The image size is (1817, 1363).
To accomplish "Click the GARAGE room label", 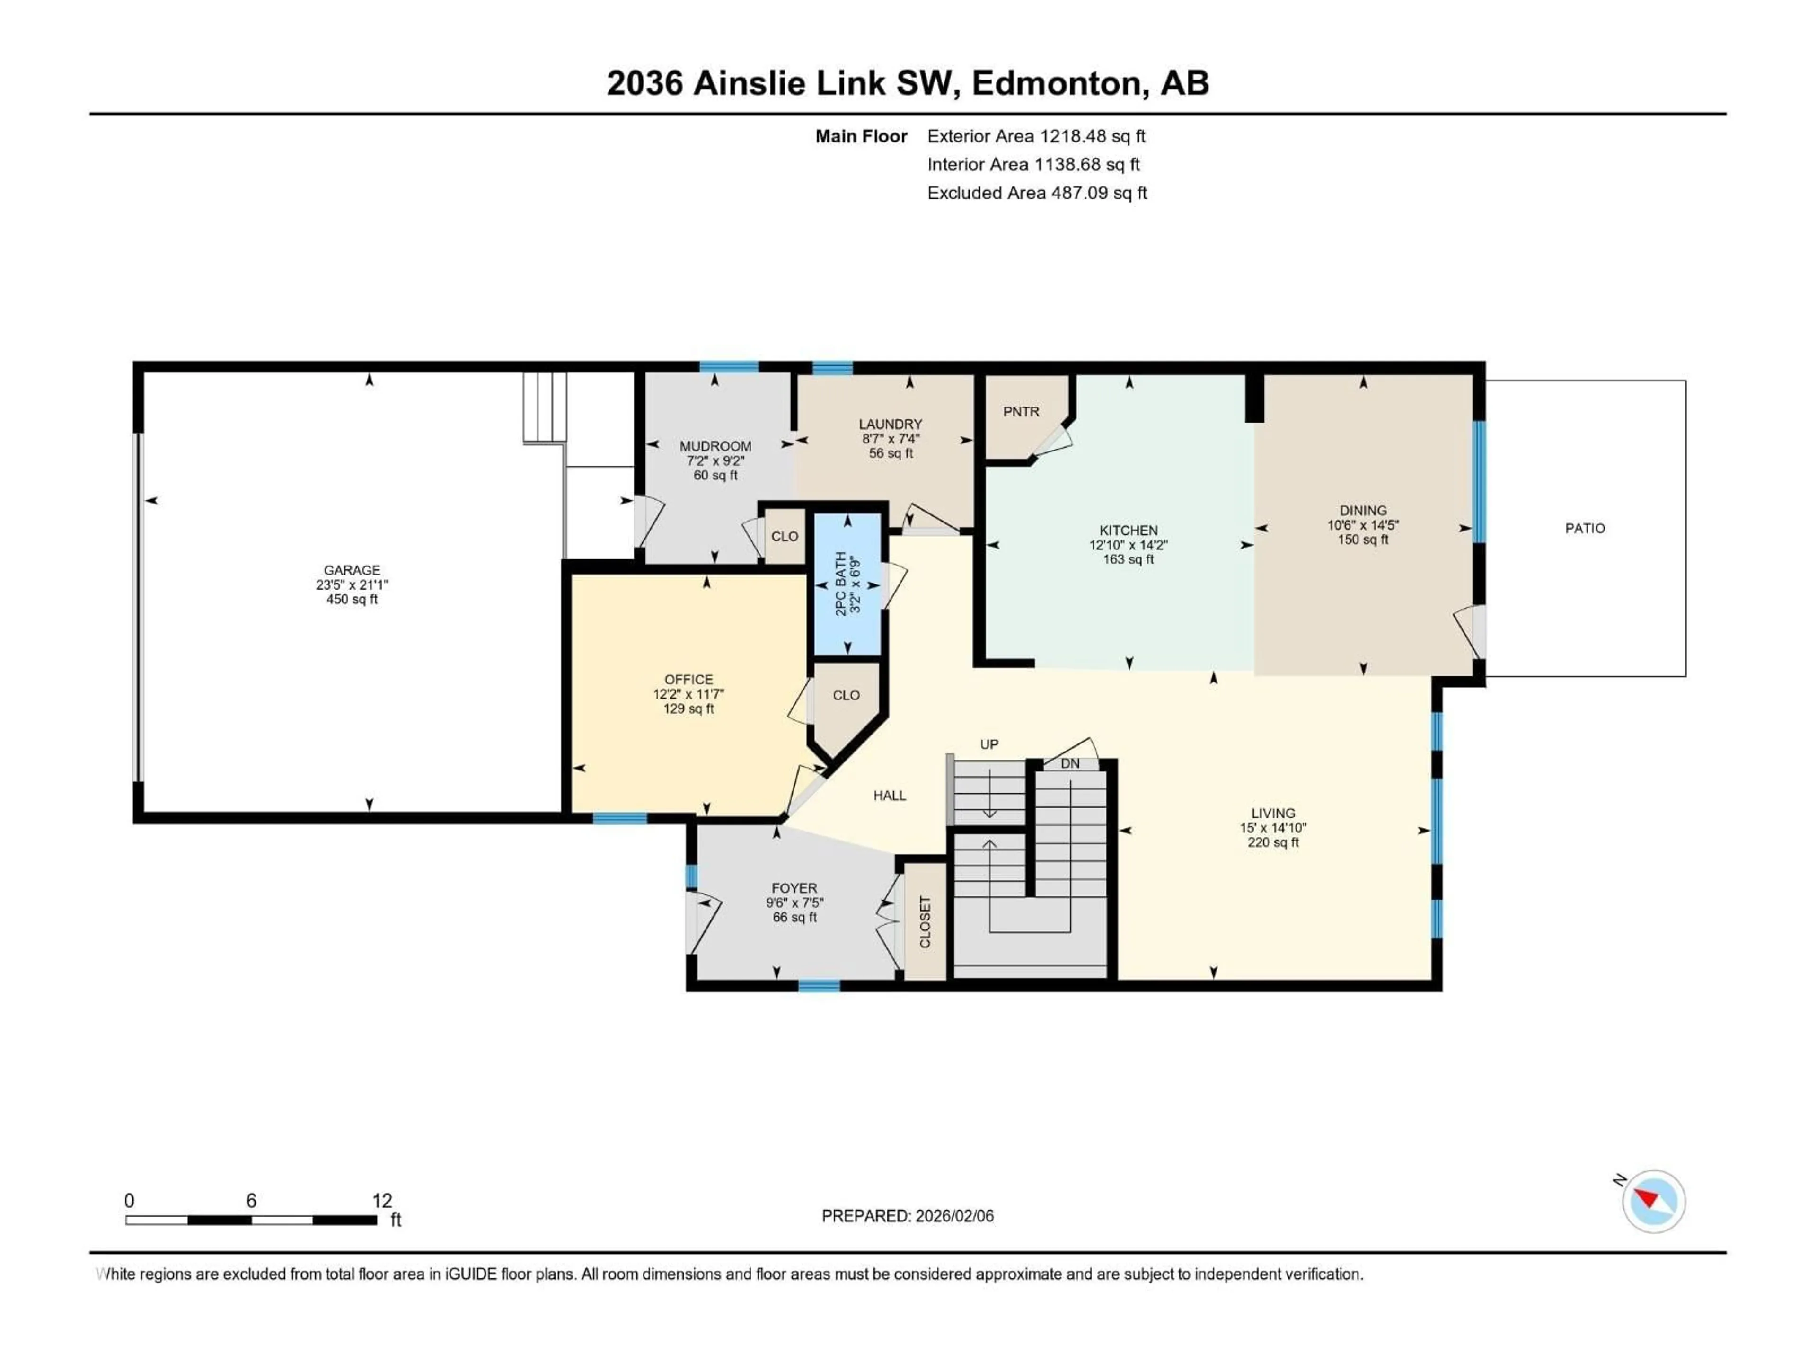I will click(x=352, y=569).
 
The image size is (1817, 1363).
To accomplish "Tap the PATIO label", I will click(x=1585, y=528).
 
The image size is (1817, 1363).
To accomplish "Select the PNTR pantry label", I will click(x=1021, y=412).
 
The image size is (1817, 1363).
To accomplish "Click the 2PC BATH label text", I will click(x=840, y=584).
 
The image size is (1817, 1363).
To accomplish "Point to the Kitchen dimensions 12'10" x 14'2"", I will click(x=1128, y=545).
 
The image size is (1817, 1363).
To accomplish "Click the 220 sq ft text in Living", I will click(x=1272, y=842).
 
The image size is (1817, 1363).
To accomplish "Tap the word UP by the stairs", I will click(x=989, y=744).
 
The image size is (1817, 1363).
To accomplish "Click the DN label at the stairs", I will click(x=1069, y=763).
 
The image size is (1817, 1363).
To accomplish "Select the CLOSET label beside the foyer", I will click(x=925, y=922).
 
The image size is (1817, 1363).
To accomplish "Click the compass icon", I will click(x=1654, y=1201).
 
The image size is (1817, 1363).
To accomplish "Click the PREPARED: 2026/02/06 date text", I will click(x=908, y=1216).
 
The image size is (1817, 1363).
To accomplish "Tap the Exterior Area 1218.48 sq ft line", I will click(x=1036, y=136).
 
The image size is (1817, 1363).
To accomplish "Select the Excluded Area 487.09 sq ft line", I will click(x=1037, y=193).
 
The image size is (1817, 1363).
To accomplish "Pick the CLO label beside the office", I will click(x=846, y=695).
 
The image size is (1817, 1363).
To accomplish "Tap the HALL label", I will click(x=890, y=795).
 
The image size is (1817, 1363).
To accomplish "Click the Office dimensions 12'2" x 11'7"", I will click(x=688, y=694).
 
